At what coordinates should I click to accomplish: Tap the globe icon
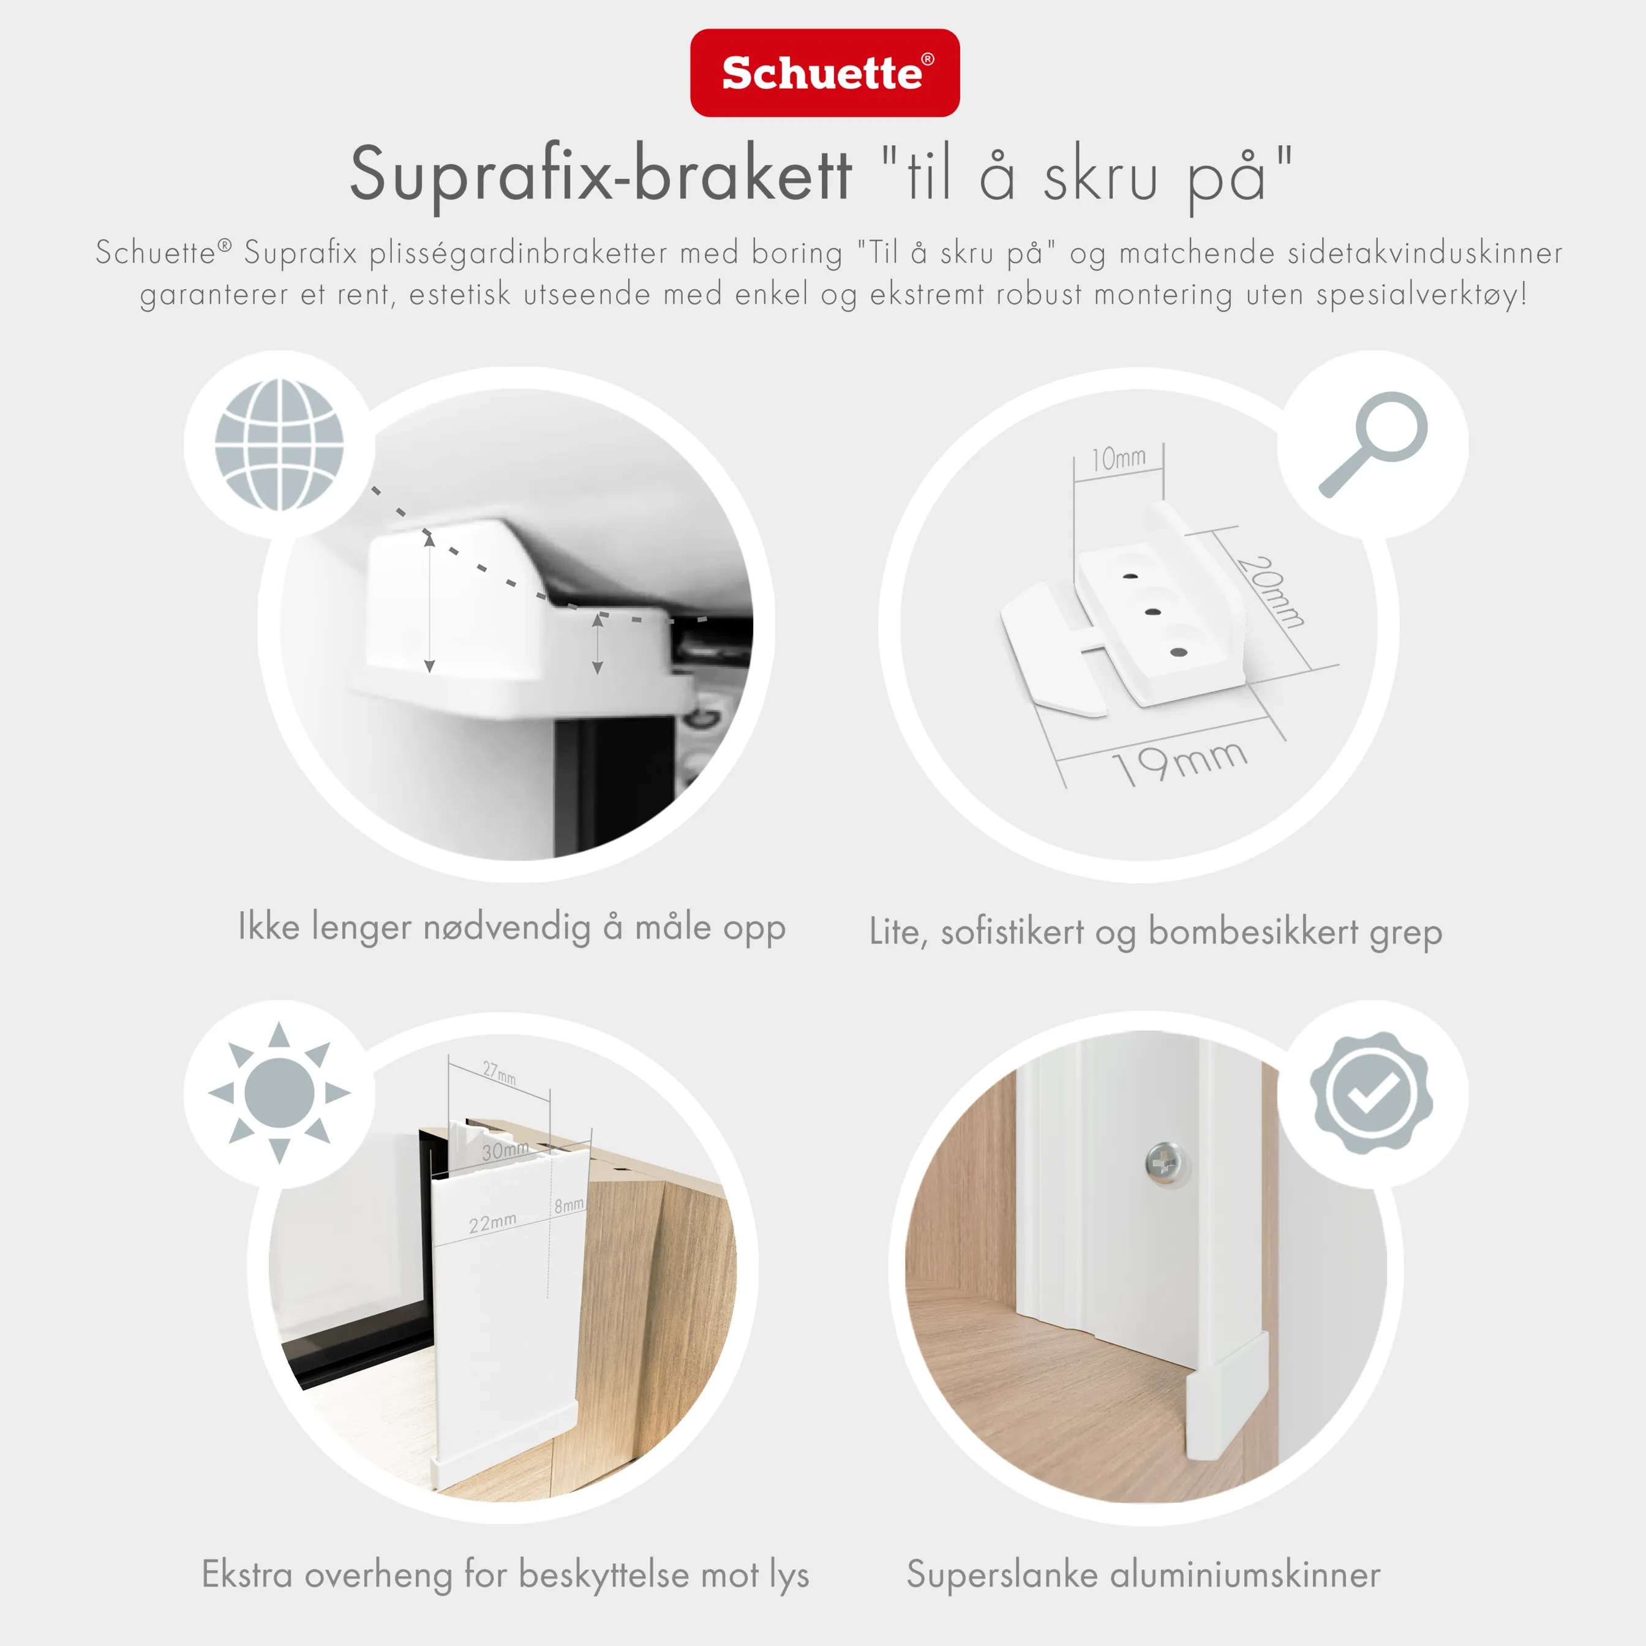(x=279, y=444)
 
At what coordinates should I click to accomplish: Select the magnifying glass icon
(x=1372, y=443)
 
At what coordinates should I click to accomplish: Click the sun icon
(x=279, y=1092)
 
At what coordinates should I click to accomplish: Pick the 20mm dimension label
(x=1270, y=592)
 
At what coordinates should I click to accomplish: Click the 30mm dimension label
(x=505, y=1150)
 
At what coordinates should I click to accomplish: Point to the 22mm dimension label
(x=492, y=1223)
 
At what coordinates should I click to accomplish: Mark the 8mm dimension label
(x=569, y=1204)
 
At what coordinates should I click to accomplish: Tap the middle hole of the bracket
(x=1154, y=612)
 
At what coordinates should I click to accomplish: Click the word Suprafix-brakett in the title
(x=601, y=175)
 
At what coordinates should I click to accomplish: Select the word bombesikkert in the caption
(x=1253, y=931)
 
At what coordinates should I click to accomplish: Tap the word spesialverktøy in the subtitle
(x=1420, y=294)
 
